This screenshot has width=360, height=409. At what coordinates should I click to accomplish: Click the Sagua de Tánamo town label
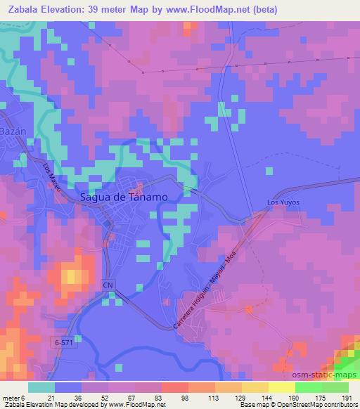124,197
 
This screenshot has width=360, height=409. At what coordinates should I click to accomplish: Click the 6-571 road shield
62,342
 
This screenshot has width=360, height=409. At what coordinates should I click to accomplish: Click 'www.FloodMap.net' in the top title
210,9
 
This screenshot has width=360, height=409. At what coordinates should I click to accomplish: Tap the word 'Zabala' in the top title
25,9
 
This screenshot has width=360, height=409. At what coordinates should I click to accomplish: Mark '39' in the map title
107,9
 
